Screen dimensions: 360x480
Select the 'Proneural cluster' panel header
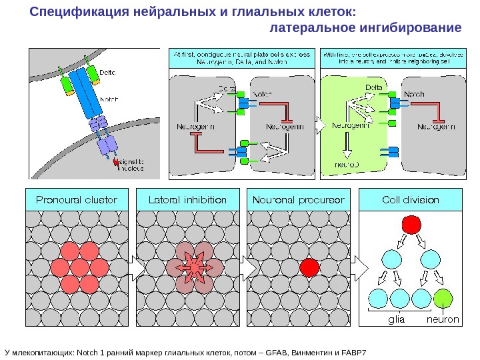76,199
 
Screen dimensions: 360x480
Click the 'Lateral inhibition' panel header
187,199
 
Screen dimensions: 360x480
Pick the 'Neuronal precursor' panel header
299,199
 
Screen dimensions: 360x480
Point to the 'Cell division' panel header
410,199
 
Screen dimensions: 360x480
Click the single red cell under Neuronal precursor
309,267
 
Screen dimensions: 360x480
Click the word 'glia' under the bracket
397,319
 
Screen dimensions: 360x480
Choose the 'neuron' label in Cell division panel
443,319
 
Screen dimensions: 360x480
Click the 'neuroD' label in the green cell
346,164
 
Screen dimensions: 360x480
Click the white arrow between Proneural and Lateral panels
133,267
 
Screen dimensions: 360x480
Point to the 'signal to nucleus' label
130,163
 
